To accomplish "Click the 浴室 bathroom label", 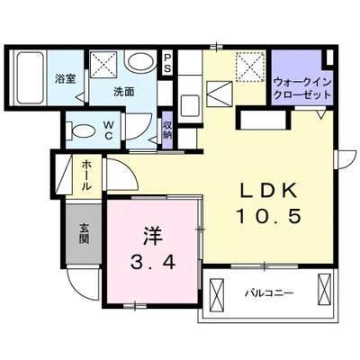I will tap(64, 79).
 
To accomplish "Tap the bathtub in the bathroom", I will tap(31, 79).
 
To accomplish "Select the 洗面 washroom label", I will tap(123, 92).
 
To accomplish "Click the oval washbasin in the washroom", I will tap(139, 64).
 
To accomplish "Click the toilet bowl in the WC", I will tap(78, 127).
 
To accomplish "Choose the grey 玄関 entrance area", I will tap(83, 234).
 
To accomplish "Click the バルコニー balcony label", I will tap(267, 292).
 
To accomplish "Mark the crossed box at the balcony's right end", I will tap(325, 292).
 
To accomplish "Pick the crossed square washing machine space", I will tap(103, 63).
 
